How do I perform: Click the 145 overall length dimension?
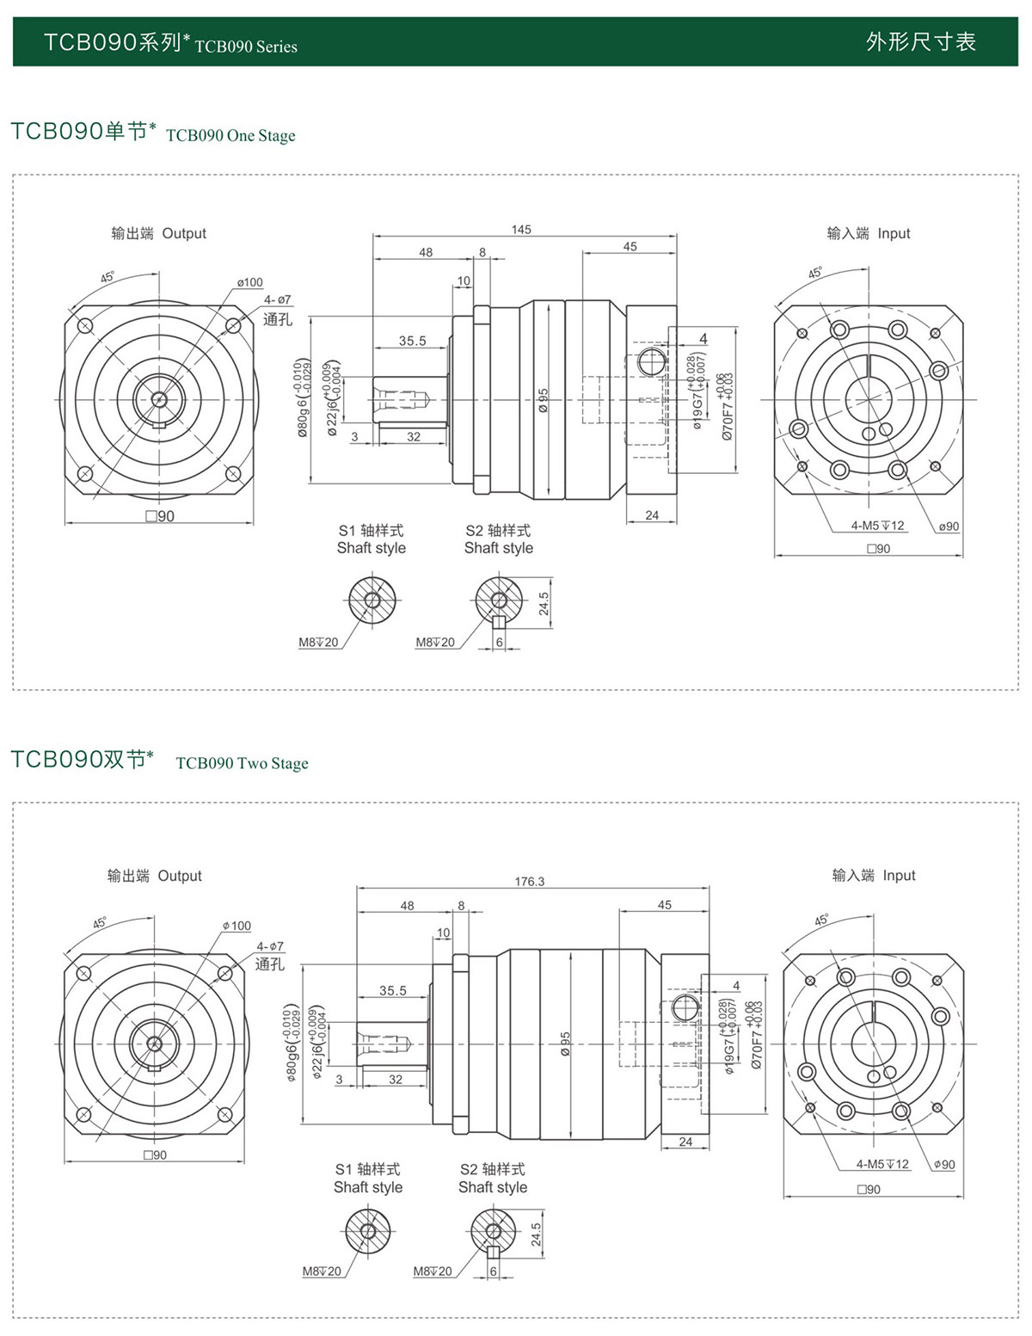[x=521, y=230]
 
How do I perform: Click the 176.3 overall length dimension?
[x=530, y=882]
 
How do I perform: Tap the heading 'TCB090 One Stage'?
[x=230, y=136]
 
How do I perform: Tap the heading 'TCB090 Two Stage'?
[x=242, y=764]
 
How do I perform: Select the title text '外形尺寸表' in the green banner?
[x=920, y=42]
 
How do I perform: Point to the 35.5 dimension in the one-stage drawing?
[x=412, y=341]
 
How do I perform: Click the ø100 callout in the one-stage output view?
[x=249, y=282]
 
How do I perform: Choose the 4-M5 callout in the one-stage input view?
[x=877, y=526]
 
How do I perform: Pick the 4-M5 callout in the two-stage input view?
[x=882, y=1164]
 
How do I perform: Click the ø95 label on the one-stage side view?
[x=544, y=400]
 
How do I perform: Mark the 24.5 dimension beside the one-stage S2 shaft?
[x=544, y=603]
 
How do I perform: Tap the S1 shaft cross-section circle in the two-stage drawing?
[x=368, y=1230]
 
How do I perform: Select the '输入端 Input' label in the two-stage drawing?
[x=874, y=876]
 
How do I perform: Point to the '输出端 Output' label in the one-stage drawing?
[x=159, y=233]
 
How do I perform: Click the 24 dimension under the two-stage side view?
[x=685, y=1142]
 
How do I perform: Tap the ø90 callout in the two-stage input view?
[x=944, y=1165]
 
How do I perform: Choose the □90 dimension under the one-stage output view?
[x=160, y=516]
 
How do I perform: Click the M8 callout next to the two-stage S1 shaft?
[x=322, y=1271]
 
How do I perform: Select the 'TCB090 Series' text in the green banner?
[x=246, y=47]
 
